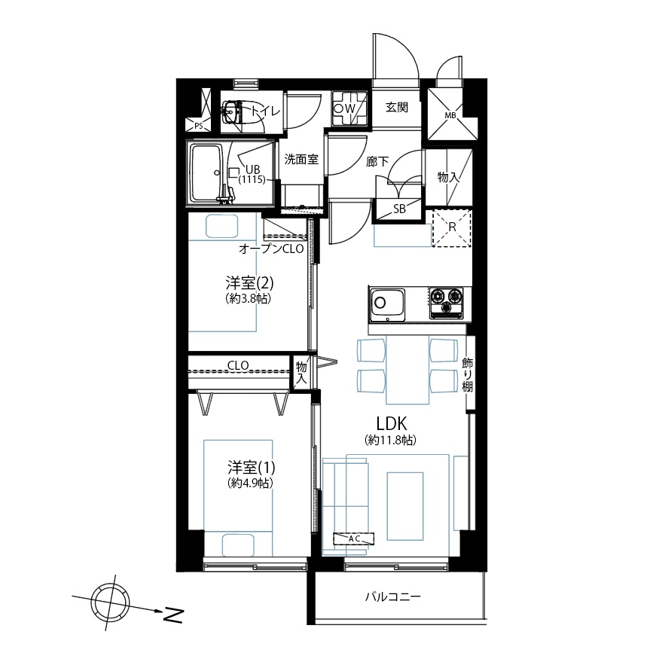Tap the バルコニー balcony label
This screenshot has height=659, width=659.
[392, 596]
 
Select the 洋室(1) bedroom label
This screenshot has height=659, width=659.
[252, 467]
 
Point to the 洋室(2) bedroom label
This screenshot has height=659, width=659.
[249, 283]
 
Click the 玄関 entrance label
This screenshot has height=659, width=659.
[397, 107]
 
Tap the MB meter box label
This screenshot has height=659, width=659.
[450, 115]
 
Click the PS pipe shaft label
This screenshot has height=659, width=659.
[198, 126]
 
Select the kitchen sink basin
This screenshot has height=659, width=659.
[387, 305]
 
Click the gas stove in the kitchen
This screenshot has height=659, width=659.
[446, 303]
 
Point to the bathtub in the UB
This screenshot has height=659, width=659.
[207, 172]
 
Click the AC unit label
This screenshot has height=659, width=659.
[354, 538]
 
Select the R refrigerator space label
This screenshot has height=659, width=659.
[452, 227]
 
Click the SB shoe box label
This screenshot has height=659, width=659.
[399, 209]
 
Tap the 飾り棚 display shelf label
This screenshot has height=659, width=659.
[468, 374]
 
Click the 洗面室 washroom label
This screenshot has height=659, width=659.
[301, 159]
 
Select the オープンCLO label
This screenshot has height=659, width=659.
[271, 249]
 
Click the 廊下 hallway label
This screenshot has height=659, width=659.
[377, 161]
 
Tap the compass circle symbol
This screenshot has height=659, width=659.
[111, 603]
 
